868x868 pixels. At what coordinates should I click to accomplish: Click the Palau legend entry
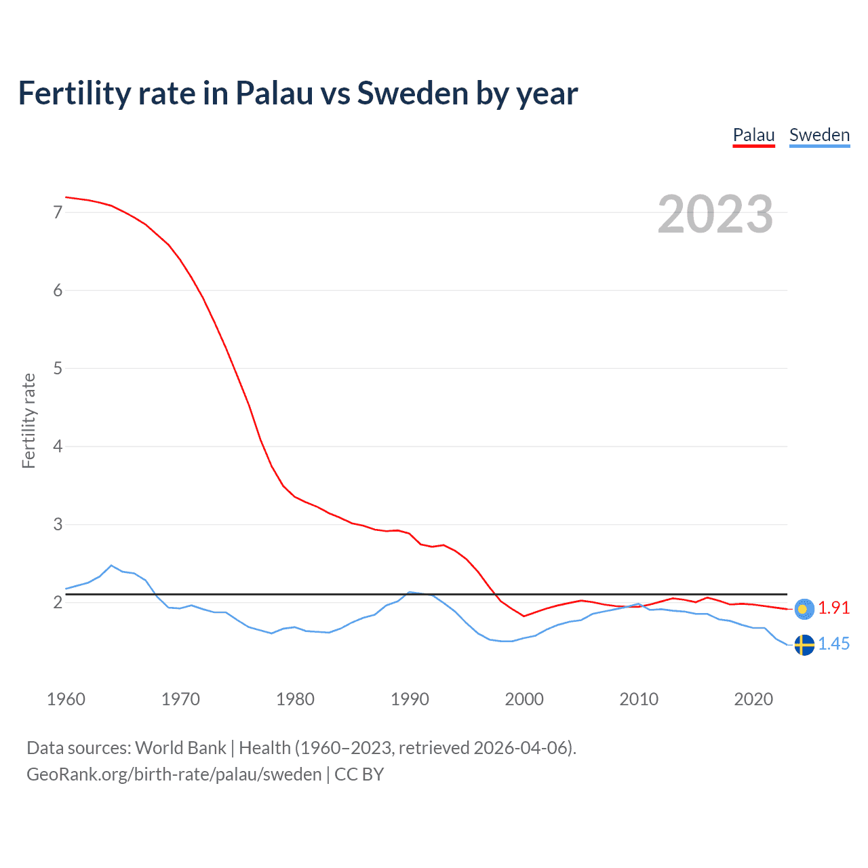[x=753, y=135]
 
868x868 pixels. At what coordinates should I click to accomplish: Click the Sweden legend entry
[x=819, y=135]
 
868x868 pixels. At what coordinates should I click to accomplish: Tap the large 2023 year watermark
[x=715, y=214]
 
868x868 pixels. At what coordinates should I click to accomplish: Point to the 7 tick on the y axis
[x=58, y=212]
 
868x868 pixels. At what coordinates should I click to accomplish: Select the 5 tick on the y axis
[x=58, y=368]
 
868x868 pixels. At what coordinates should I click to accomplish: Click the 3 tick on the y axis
[x=58, y=524]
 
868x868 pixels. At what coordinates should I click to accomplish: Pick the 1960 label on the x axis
[x=66, y=699]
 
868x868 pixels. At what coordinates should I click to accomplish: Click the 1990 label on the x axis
[x=410, y=699]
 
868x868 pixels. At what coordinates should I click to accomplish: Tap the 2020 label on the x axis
[x=753, y=699]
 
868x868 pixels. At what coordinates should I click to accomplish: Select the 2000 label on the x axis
[x=524, y=699]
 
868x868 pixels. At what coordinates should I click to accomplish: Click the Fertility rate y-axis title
[x=28, y=420]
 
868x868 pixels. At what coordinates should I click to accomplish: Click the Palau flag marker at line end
[x=804, y=609]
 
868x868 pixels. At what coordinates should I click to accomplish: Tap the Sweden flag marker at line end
[x=804, y=644]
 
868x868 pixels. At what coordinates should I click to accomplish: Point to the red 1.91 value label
[x=833, y=608]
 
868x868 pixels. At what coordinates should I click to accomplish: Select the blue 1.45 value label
[x=833, y=644]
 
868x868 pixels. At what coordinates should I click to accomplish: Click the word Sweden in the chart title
[x=411, y=93]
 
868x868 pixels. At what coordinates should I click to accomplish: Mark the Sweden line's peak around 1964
[x=111, y=565]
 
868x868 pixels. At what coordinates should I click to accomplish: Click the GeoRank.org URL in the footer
[x=174, y=774]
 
